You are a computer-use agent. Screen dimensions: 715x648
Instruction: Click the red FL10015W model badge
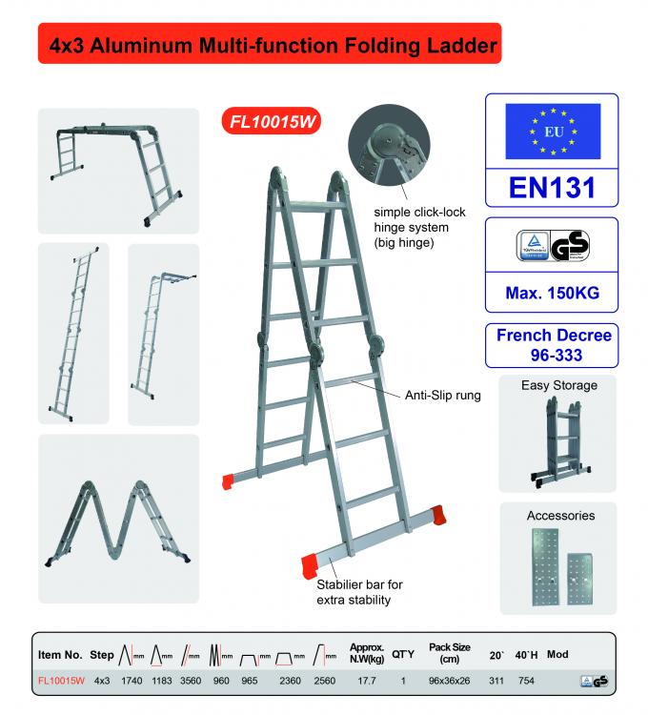[273, 122]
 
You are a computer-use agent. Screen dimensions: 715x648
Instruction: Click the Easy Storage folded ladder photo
[559, 440]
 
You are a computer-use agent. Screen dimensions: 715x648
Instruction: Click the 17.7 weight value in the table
[367, 681]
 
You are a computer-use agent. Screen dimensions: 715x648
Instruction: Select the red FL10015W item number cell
[61, 681]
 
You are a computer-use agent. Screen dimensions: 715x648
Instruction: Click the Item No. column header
[61, 655]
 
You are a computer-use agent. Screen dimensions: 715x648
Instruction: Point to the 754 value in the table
[526, 681]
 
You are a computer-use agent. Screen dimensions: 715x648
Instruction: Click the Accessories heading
[560, 516]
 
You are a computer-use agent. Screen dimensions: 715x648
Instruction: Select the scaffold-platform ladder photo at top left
[118, 170]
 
